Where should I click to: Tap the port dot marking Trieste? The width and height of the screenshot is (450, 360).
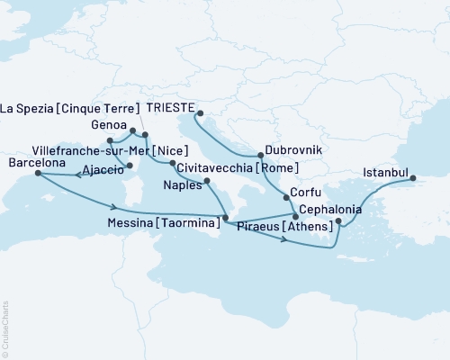[200, 114]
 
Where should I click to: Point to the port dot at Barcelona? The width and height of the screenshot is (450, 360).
[38, 175]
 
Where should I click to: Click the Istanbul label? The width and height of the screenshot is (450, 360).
[387, 171]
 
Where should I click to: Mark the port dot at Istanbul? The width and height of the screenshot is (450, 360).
[415, 178]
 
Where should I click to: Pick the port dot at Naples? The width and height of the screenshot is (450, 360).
[209, 182]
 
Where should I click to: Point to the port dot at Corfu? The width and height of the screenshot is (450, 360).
[286, 197]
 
